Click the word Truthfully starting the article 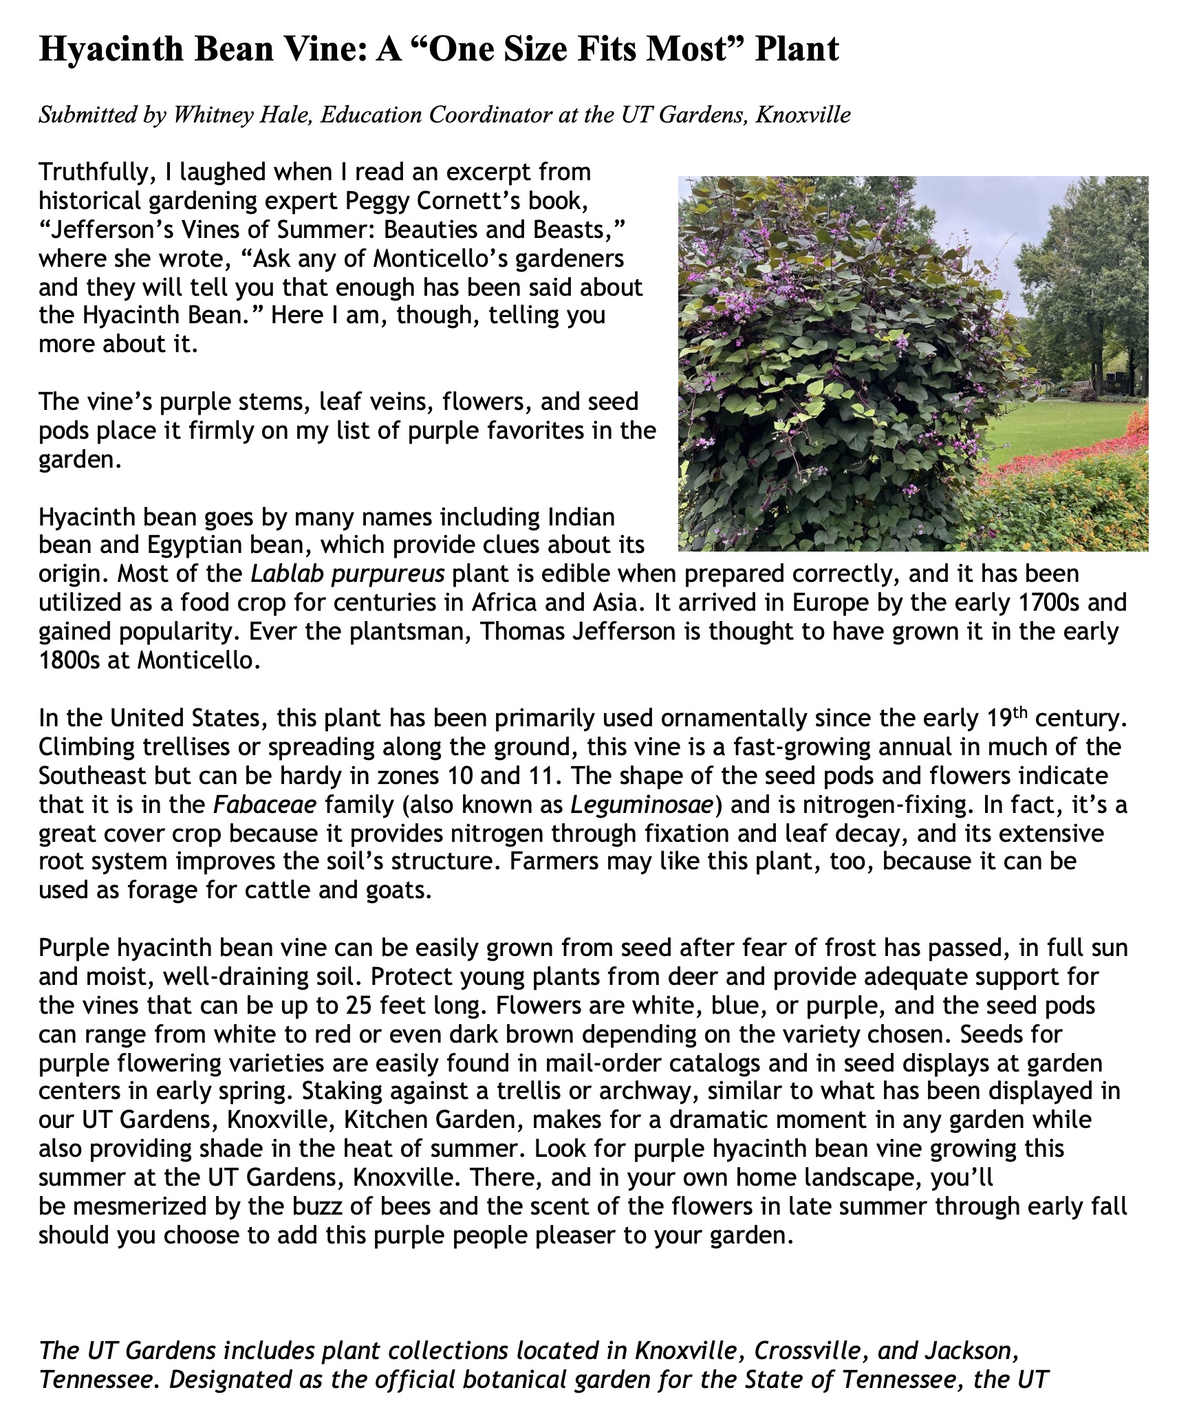(94, 173)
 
